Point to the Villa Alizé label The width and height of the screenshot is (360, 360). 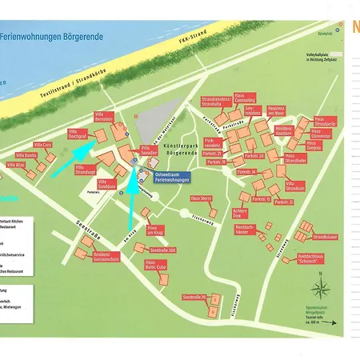tap(16, 165)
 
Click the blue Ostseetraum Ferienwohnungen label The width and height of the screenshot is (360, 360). tap(169, 178)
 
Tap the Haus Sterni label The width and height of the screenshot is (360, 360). tap(201, 198)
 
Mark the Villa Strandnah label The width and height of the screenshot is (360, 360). tap(294, 187)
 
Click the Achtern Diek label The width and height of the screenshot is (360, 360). tap(242, 214)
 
